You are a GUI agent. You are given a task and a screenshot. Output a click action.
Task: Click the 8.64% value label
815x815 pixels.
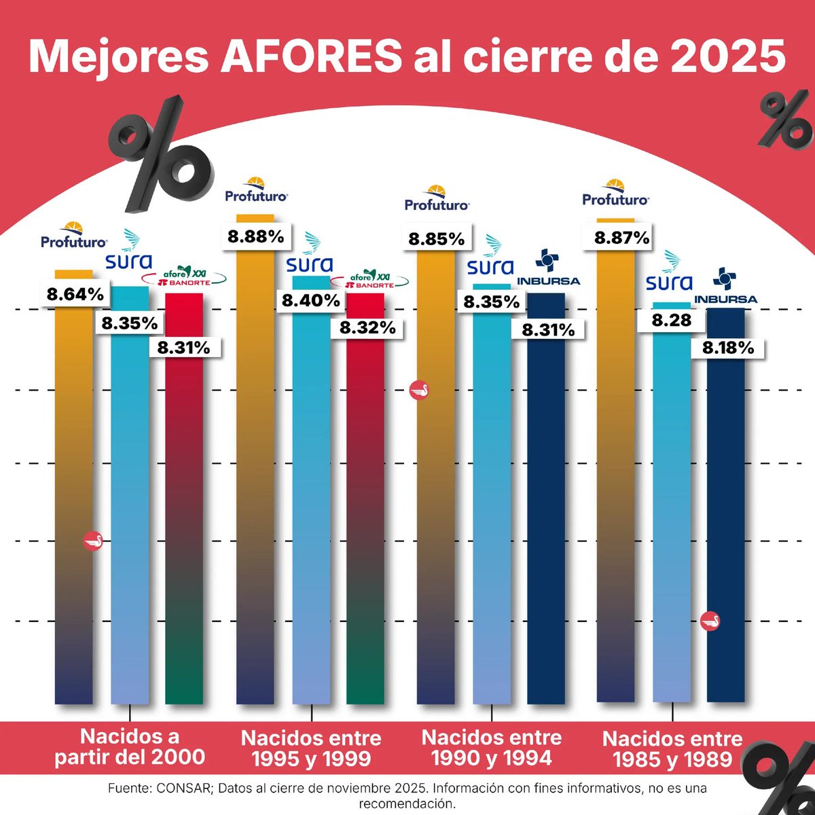75,295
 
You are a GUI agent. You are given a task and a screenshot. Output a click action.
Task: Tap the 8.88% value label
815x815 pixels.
255,237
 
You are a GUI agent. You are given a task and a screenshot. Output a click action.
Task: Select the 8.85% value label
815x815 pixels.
436,239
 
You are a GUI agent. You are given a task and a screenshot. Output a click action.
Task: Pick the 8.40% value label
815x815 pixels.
311,301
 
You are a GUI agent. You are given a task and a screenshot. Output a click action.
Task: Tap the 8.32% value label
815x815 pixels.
367,327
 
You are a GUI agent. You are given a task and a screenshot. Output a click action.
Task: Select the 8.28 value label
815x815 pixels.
672,320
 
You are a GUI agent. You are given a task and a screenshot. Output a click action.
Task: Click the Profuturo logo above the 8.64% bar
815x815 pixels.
73,235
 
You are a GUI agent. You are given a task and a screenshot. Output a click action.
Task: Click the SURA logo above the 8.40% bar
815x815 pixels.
310,254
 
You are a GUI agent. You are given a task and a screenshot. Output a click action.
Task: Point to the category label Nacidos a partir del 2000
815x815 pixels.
130,746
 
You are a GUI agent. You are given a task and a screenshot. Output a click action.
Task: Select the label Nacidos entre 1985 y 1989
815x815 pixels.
672,748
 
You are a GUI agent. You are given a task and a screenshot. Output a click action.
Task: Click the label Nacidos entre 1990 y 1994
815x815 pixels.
492,747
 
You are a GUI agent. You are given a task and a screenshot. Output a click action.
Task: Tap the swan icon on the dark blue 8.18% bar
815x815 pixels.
710,621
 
